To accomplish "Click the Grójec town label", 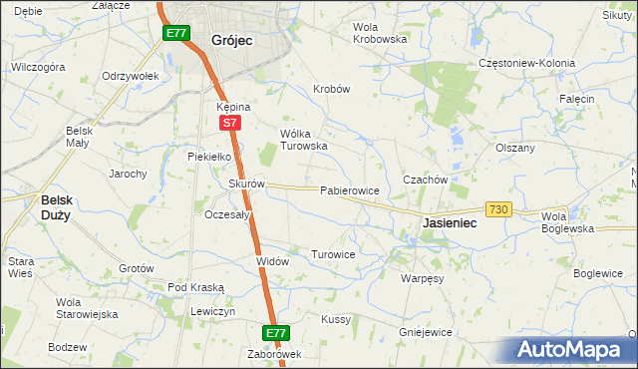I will pos(231,40).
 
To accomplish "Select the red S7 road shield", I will pos(229,123).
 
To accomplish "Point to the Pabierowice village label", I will pos(348,190).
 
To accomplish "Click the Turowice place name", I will pos(333,254).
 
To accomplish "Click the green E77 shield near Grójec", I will pos(176,33).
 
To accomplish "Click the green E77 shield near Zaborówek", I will pos(277,332).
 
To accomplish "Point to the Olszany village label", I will pos(515,148).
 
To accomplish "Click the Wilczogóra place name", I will pos(38,67).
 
